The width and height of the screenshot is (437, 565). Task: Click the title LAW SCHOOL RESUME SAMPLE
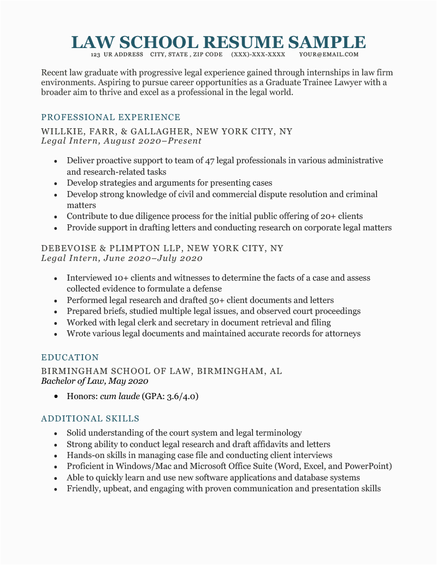pos(218,42)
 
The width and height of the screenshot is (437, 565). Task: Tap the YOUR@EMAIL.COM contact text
pos(329,55)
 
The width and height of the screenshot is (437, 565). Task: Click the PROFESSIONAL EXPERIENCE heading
pos(111,117)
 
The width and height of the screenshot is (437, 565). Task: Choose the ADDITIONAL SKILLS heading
pos(90,419)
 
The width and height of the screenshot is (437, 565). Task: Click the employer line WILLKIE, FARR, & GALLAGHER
pos(167,132)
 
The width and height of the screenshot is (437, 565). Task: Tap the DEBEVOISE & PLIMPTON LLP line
pos(162,248)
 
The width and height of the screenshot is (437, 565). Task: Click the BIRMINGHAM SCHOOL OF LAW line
pos(162,371)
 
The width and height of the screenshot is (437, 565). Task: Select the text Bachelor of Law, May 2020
pos(95,381)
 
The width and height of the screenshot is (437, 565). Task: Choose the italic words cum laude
pos(120,396)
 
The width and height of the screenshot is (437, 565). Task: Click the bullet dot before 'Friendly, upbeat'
pos(56,489)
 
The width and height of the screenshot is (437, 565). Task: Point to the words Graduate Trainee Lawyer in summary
pos(324,82)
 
